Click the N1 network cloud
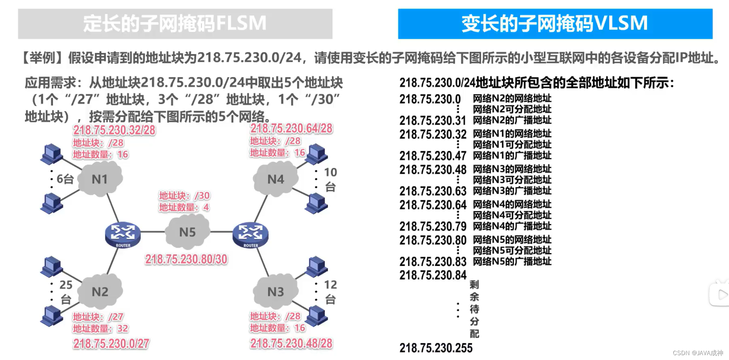tap(100, 179)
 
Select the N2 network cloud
tap(100, 291)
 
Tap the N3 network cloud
tap(276, 291)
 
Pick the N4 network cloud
tap(276, 179)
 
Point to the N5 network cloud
tap(187, 232)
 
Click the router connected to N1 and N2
tap(123, 234)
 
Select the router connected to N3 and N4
tap(250, 234)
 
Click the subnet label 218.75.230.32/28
tap(114, 130)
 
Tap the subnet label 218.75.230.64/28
tap(291, 128)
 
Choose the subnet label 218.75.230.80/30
tap(186, 259)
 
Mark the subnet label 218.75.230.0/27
tap(111, 343)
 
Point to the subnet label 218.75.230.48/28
tap(291, 343)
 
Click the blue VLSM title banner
tap(555, 24)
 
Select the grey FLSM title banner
tap(175, 24)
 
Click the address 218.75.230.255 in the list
tap(436, 348)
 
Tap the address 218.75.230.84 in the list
tap(433, 275)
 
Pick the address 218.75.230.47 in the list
tap(433, 156)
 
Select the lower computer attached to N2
tap(51, 316)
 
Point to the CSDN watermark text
tap(698, 353)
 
